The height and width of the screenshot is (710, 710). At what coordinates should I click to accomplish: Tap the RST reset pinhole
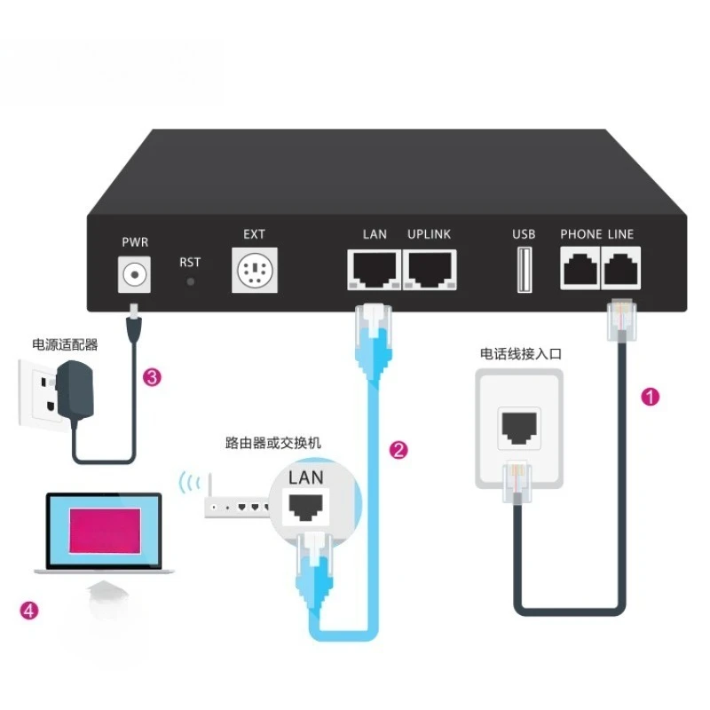189,282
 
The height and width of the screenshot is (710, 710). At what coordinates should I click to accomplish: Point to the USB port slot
524,270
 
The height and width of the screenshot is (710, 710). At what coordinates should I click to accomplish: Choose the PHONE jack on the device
580,266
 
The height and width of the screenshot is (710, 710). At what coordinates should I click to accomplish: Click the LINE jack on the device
621,266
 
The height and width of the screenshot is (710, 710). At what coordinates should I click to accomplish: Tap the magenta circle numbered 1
651,397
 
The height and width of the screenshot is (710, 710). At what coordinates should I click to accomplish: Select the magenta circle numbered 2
399,450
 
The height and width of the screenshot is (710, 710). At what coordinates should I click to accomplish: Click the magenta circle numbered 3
153,378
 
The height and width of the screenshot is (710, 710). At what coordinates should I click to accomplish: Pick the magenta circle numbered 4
29,610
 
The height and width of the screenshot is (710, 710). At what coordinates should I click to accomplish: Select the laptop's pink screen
104,531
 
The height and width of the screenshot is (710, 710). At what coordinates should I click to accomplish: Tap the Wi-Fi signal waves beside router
188,484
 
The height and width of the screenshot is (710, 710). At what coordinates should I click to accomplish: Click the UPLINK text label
429,234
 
